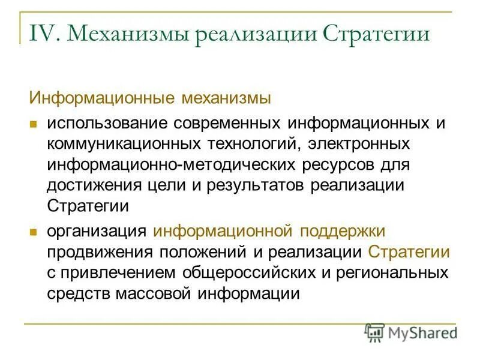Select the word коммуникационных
click(x=124, y=144)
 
